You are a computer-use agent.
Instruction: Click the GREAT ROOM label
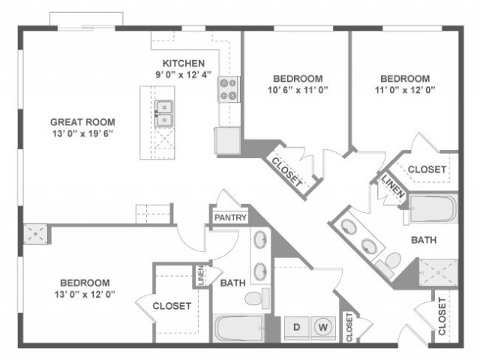tap(82, 122)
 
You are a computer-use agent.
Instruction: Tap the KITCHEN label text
tap(183, 63)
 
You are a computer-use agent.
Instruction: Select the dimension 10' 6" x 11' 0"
tap(298, 90)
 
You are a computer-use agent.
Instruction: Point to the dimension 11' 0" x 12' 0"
tap(405, 90)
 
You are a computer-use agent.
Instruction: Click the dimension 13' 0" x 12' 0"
tap(85, 294)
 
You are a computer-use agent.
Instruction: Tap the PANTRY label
tap(230, 217)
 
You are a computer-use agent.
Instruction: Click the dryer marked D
tap(297, 328)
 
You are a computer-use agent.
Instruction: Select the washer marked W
tap(323, 328)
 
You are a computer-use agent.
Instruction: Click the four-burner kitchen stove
tap(228, 89)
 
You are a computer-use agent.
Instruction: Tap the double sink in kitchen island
tap(164, 113)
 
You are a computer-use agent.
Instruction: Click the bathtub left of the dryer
tap(238, 328)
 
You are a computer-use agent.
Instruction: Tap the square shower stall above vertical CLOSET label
tap(438, 272)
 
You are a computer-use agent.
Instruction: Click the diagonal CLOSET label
tap(286, 172)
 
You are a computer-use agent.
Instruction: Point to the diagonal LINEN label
tap(393, 186)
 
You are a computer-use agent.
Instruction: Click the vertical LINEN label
tap(201, 275)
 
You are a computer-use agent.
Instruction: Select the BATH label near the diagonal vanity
tap(424, 240)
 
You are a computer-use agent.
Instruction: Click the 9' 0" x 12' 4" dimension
tap(183, 74)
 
